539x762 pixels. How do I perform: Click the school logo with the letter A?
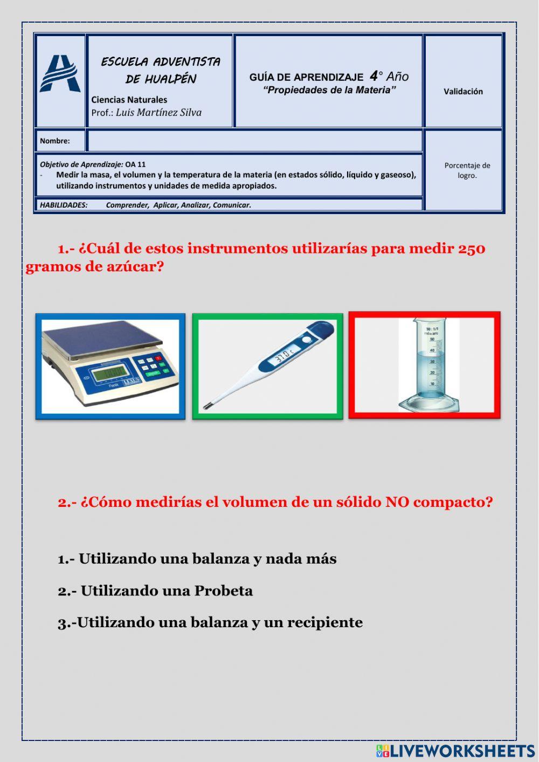pos(60,74)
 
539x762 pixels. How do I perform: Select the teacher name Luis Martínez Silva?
pos(158,113)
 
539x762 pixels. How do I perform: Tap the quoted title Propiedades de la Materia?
pos(329,90)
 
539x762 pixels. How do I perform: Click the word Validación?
pos(463,92)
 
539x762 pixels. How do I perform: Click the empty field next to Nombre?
pos(254,141)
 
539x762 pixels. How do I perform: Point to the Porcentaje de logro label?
pos(467,170)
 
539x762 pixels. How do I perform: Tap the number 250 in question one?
pos(472,249)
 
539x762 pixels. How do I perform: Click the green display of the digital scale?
pos(110,372)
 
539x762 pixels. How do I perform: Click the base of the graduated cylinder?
pos(429,403)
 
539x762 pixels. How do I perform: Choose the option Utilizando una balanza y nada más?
pos(197,559)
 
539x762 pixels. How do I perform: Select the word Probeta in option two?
pos(223,591)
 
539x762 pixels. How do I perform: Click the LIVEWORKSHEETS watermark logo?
pos(455,751)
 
